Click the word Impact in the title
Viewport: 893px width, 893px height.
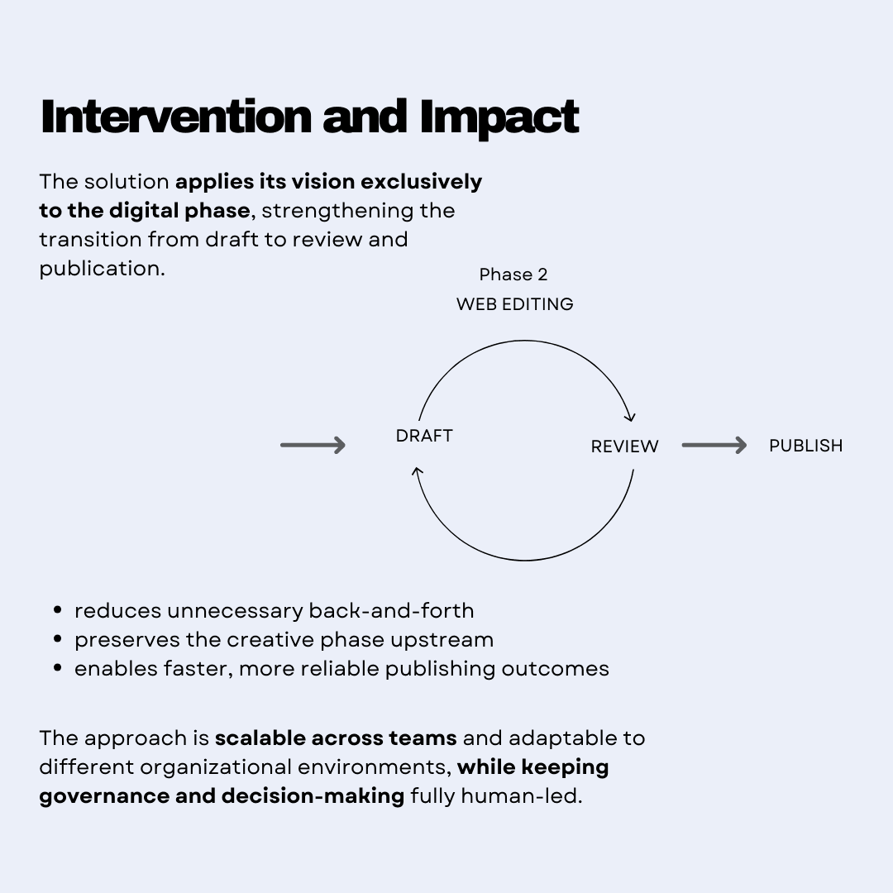pos(499,118)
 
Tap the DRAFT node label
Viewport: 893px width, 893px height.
pos(424,436)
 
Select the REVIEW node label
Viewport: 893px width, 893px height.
pos(624,446)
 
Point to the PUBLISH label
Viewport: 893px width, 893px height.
pos(805,446)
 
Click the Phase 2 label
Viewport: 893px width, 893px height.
pos(513,275)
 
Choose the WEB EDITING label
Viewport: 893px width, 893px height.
pos(514,304)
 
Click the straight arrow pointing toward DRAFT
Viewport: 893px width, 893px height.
pos(313,446)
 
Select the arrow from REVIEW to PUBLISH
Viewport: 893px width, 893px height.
pos(714,446)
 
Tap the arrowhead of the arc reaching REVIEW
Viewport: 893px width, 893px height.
pos(630,418)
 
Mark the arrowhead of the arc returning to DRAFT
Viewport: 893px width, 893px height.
pos(418,473)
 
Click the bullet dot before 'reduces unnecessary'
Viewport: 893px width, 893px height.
pos(57,611)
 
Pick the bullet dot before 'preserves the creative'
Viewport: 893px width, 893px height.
pos(57,639)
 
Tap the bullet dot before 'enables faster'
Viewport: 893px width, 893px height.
pos(57,668)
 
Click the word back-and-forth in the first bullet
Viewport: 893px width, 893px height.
pos(391,611)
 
